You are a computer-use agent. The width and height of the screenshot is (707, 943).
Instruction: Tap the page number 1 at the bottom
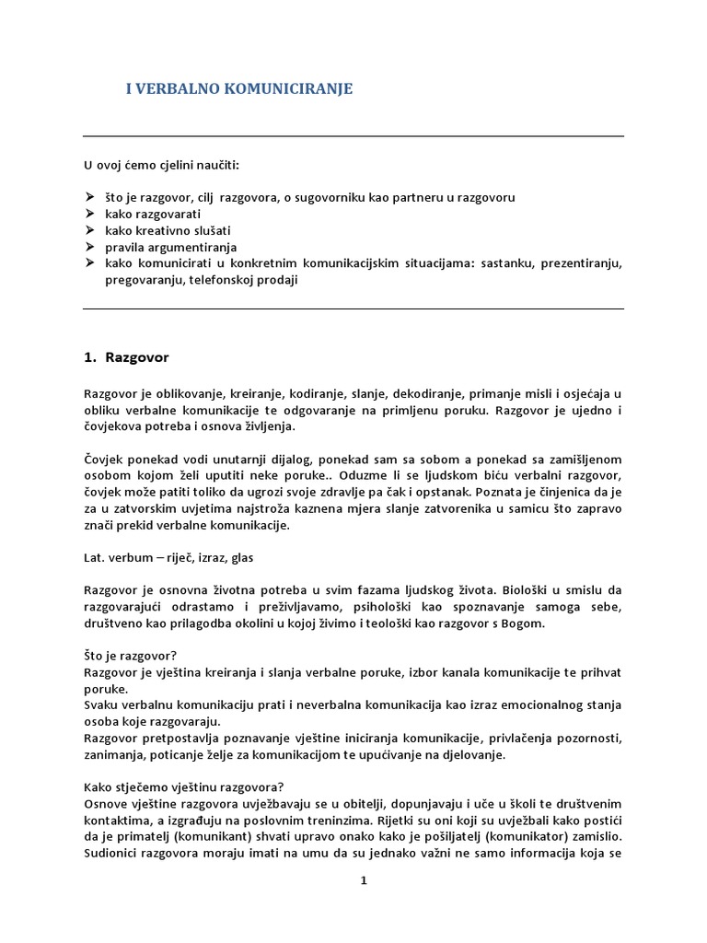[x=364, y=879]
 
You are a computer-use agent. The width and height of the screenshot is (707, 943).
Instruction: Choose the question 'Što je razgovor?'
[x=125, y=656]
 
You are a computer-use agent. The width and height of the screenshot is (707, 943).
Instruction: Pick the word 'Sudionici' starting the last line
[x=110, y=853]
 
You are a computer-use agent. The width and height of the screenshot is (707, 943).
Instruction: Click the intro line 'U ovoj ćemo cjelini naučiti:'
[x=161, y=165]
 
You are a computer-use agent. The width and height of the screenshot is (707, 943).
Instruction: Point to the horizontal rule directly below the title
[x=353, y=136]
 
